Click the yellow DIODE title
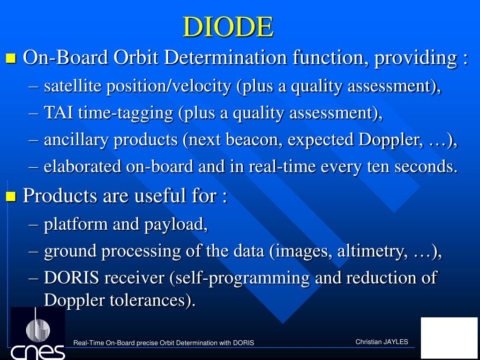(x=228, y=27)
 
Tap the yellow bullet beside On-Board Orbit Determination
(x=11, y=58)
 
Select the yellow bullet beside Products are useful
(x=11, y=196)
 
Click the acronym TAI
(x=59, y=112)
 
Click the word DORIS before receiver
(x=72, y=277)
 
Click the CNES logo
(x=38, y=333)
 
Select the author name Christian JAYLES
(x=382, y=342)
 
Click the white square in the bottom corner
(x=449, y=337)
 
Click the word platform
(x=76, y=225)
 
